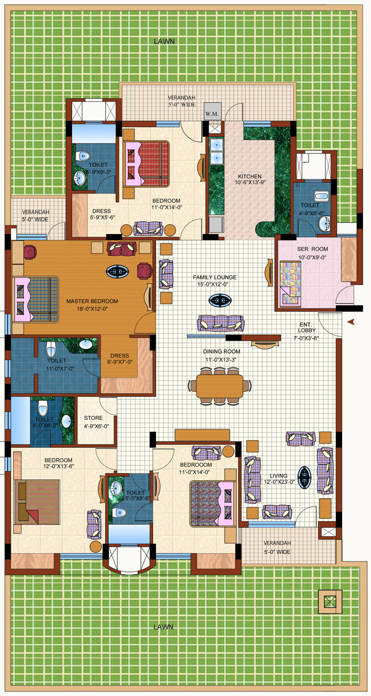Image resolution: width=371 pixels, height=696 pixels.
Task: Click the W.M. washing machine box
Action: click(212, 112)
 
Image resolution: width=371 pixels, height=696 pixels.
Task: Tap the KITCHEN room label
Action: click(250, 176)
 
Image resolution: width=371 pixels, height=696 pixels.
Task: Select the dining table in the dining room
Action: click(220, 386)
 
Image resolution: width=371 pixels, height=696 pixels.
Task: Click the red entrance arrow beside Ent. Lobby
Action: click(351, 322)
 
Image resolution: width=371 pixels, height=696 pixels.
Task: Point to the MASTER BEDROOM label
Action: click(92, 301)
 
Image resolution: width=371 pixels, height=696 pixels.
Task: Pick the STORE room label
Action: click(93, 418)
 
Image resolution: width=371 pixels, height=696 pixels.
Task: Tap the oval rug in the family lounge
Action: click(220, 301)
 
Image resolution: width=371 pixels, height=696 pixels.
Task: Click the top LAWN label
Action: click(164, 42)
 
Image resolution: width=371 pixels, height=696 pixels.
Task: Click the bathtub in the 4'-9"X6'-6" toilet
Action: click(321, 196)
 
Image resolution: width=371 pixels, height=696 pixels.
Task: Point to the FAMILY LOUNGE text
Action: click(215, 277)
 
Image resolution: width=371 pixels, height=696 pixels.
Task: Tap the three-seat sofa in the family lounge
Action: click(221, 323)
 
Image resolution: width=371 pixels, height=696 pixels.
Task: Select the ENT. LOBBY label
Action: click(307, 327)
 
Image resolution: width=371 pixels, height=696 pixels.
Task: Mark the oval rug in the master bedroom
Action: click(117, 271)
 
